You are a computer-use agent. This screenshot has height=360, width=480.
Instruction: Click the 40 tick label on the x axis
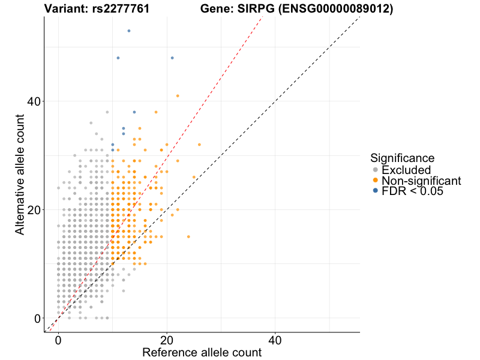[x=275, y=340]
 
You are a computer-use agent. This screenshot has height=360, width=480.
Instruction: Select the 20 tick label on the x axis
[x=167, y=340]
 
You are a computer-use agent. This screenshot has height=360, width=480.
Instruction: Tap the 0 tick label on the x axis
[x=58, y=340]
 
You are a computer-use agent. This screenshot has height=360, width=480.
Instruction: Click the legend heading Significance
[x=402, y=158]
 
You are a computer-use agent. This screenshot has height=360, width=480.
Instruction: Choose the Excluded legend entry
[x=406, y=170]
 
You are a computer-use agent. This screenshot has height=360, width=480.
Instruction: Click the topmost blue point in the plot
[x=129, y=31]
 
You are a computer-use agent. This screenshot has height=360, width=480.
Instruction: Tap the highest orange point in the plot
[x=178, y=95]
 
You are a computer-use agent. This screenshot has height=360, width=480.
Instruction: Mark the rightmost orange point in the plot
[x=199, y=145]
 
